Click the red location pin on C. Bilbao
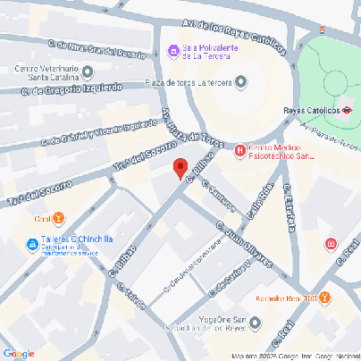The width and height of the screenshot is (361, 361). tap(180, 168)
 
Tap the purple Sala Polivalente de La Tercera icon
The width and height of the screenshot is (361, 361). tap(172, 53)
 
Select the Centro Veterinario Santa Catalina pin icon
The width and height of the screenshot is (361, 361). tap(88, 71)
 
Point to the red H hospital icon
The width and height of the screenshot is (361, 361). tap(239, 151)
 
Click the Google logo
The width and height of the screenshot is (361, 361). tap(19, 352)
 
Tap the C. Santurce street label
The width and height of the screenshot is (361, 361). tap(219, 198)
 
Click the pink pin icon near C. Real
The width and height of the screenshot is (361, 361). tap(331, 244)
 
